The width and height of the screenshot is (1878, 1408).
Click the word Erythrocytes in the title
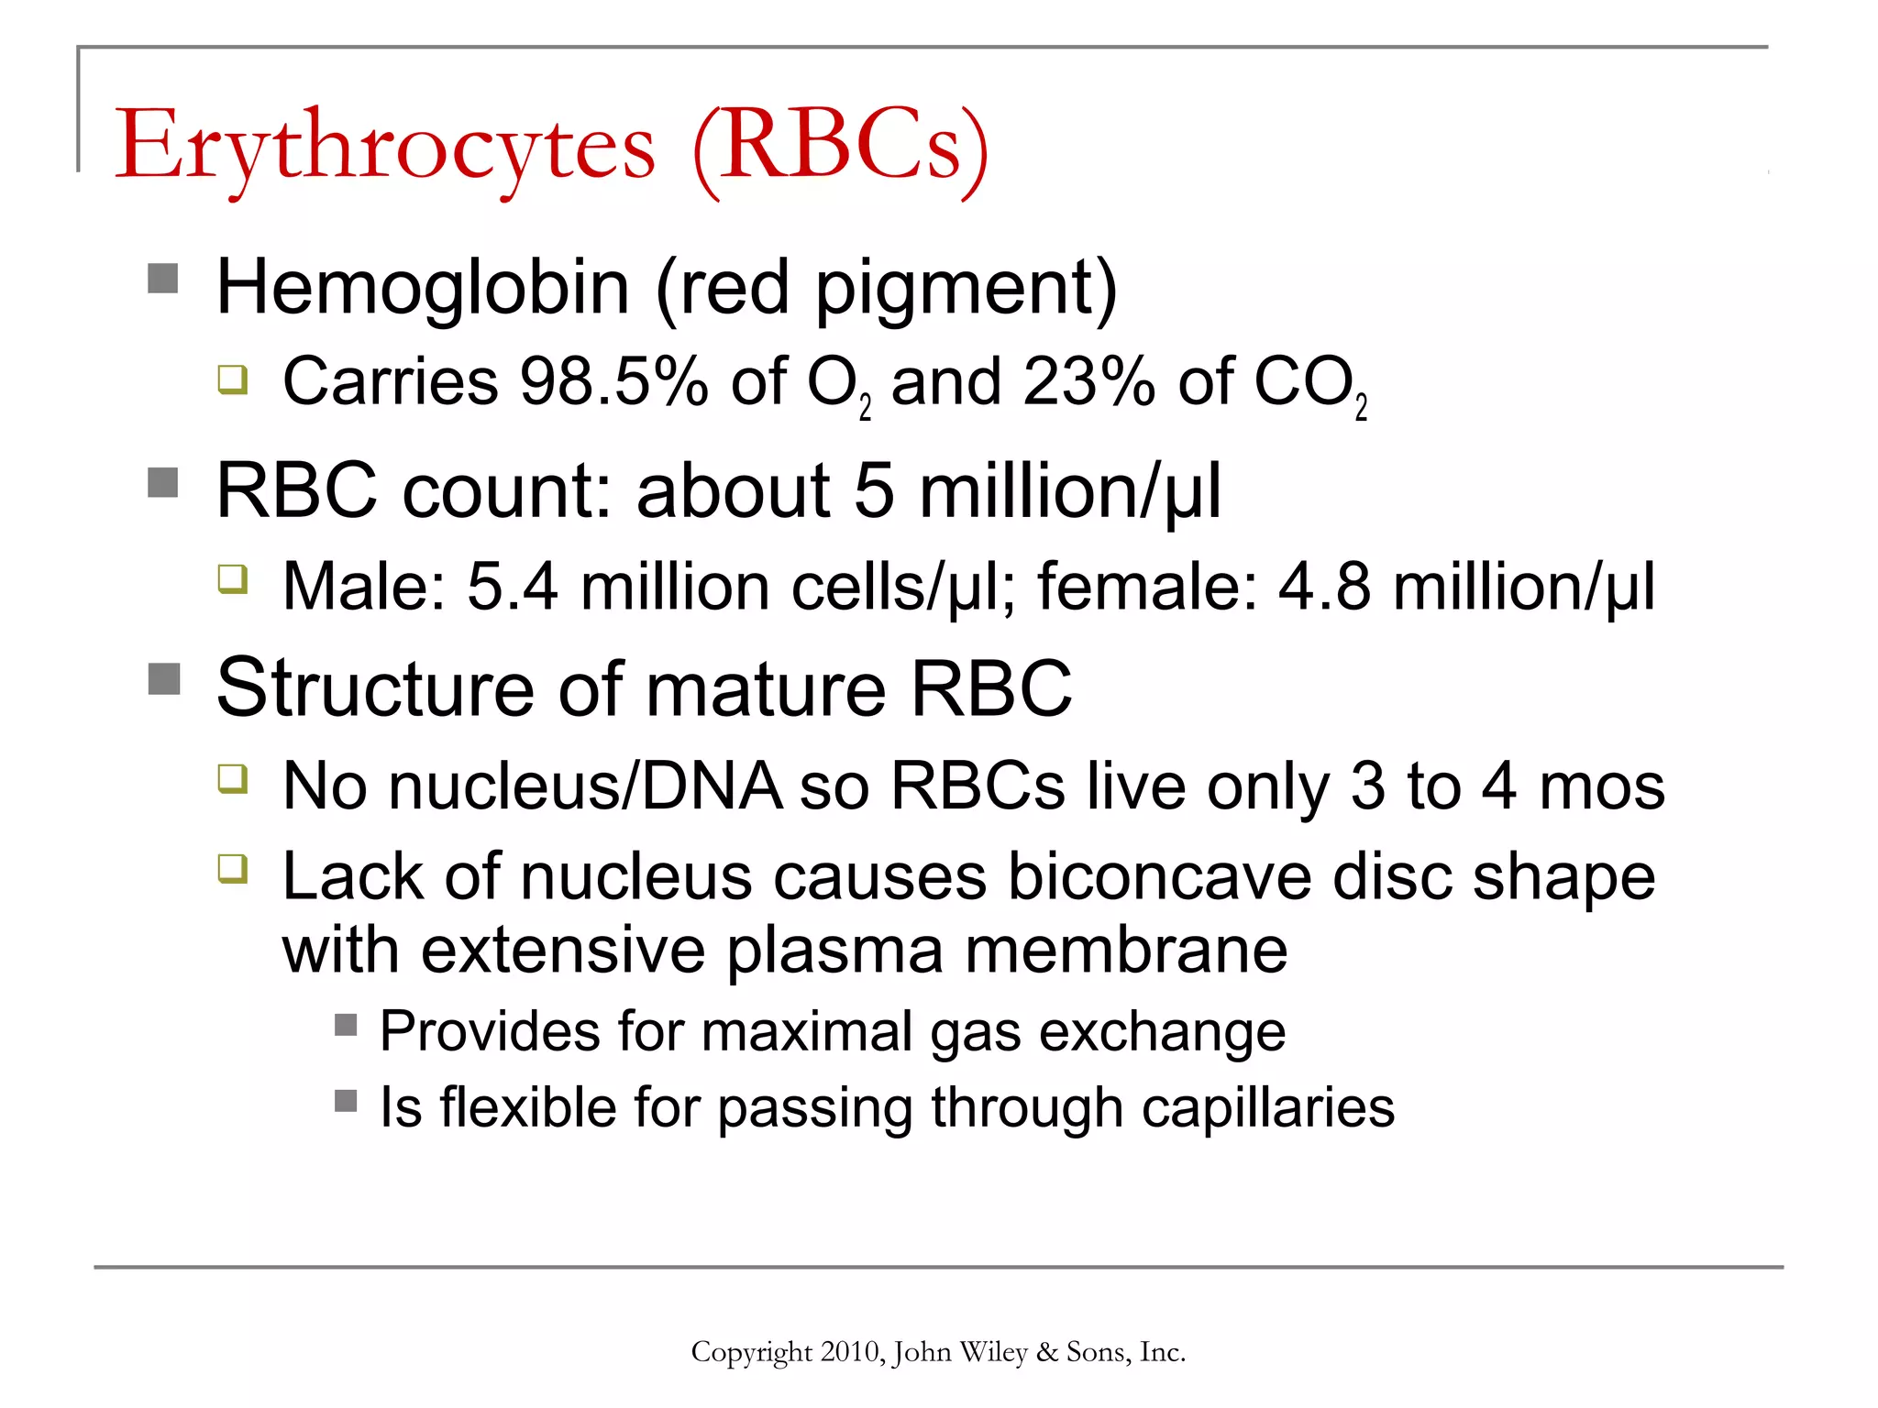pyautogui.click(x=385, y=147)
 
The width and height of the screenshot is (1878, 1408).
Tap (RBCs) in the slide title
pyautogui.click(x=840, y=147)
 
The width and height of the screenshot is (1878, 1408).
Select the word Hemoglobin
pyautogui.click(x=423, y=288)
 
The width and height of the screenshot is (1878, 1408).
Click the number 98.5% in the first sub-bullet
pyautogui.click(x=613, y=381)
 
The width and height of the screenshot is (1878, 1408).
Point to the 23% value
pyautogui.click(x=1088, y=381)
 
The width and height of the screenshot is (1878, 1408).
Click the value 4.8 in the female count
pyautogui.click(x=1324, y=587)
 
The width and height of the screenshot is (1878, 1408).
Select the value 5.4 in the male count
pyautogui.click(x=512, y=587)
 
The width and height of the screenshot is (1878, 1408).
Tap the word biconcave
pyautogui.click(x=1160, y=877)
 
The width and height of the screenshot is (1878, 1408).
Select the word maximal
pyautogui.click(x=808, y=1031)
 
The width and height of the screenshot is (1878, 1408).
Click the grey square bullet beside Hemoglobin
pyautogui.click(x=163, y=278)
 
